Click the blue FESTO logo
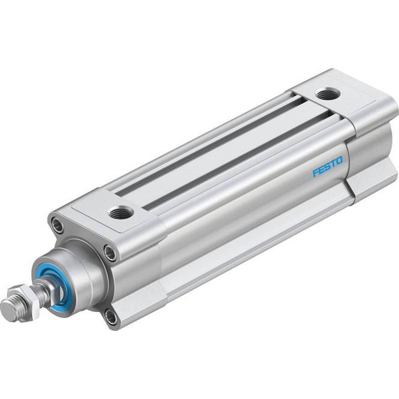(x=328, y=167)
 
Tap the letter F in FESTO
(x=316, y=173)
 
